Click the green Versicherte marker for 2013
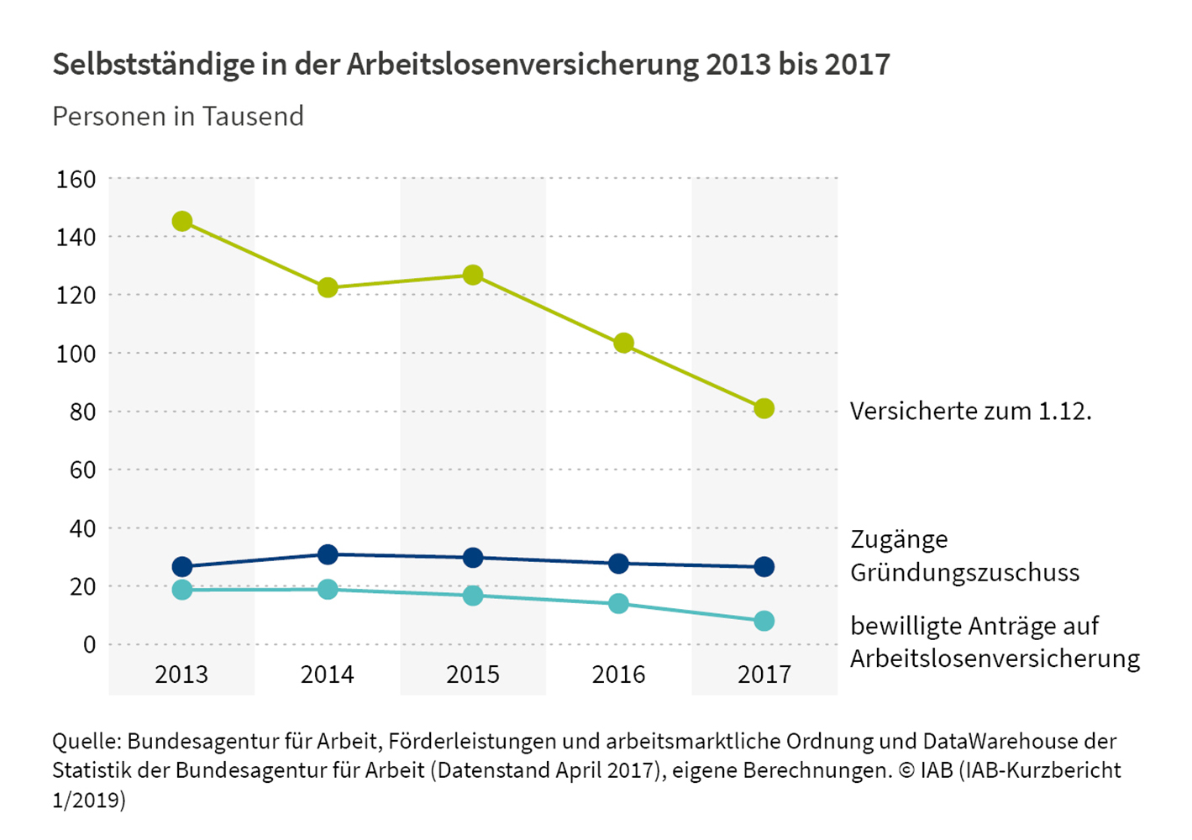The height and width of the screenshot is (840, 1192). (182, 222)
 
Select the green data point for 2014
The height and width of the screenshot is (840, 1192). (328, 288)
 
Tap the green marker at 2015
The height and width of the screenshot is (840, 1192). (473, 275)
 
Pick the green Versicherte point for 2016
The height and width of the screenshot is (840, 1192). (623, 343)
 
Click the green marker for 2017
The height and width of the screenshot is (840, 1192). (764, 409)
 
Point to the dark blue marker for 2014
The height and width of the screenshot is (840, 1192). (328, 554)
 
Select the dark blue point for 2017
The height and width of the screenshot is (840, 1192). (764, 567)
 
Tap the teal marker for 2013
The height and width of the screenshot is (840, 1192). (182, 590)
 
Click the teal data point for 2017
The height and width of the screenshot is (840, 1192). (764, 622)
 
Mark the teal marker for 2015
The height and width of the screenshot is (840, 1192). (473, 596)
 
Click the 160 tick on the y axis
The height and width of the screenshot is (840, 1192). (76, 179)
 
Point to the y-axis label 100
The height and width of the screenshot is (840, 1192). (76, 354)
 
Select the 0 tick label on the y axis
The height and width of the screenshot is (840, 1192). (89, 644)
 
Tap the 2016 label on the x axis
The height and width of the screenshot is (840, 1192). (618, 675)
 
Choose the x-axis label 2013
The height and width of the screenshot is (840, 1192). (181, 675)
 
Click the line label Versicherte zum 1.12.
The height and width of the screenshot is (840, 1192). (970, 411)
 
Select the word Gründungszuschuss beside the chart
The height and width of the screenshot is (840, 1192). (964, 573)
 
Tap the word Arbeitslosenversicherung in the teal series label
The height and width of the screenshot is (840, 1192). (995, 659)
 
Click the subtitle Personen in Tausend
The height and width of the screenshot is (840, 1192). (178, 116)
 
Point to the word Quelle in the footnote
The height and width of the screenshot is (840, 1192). (87, 742)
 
